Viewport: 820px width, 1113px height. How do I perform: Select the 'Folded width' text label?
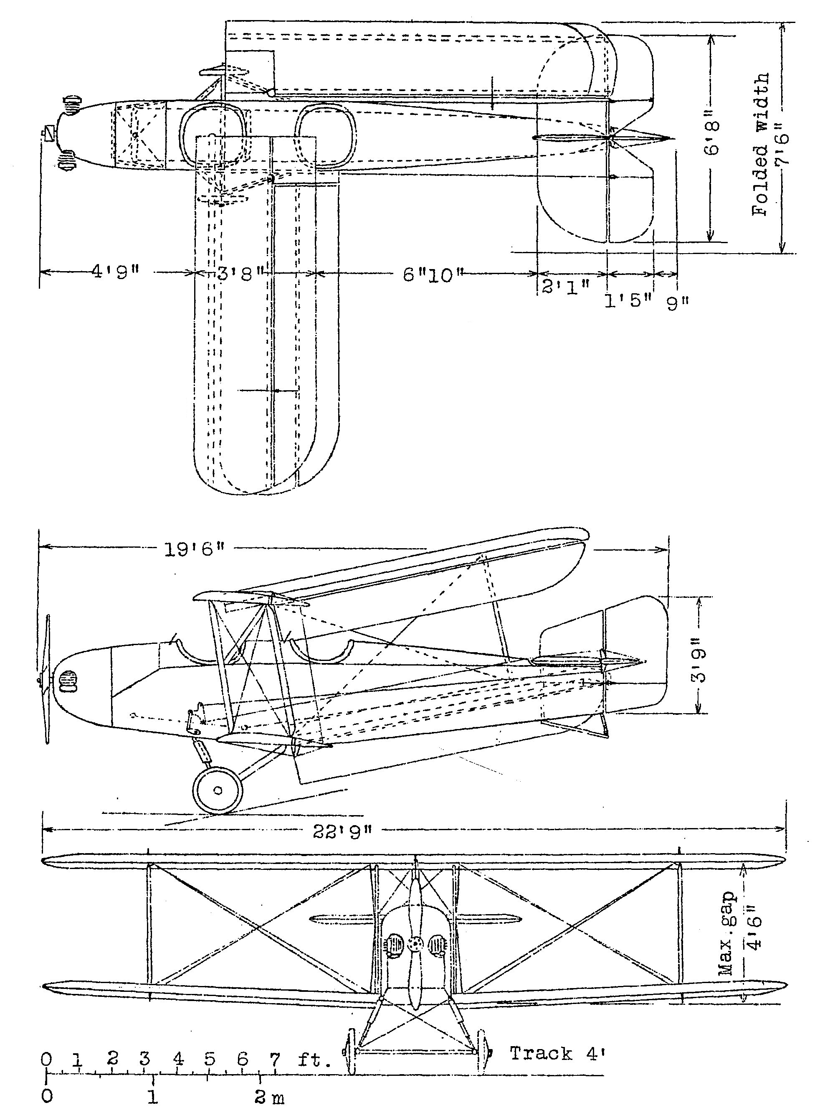[x=760, y=145]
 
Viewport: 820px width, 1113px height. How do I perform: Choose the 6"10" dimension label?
[x=429, y=274]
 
